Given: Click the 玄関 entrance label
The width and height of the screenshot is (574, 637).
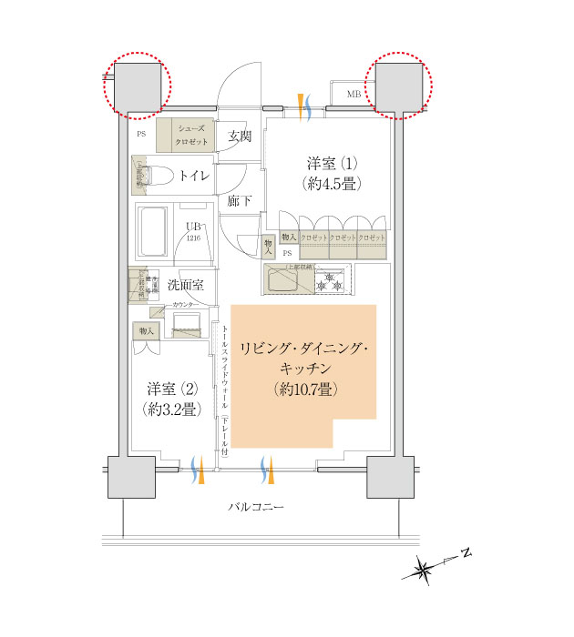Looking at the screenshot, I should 239,137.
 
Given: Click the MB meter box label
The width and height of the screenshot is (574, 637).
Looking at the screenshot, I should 354,94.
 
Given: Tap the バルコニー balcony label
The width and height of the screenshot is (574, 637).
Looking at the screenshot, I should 255,506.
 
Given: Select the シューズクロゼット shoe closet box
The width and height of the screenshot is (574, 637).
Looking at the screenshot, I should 185,135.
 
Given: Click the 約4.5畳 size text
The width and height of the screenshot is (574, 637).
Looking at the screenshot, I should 331,183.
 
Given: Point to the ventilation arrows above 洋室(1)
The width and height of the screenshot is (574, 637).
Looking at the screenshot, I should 306,105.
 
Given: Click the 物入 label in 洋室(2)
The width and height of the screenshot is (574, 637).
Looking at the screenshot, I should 146,329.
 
